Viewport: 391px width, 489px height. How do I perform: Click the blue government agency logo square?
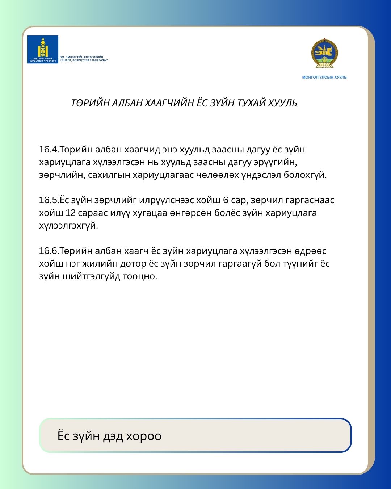coord(43,49)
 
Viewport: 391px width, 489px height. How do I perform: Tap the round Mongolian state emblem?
coord(324,54)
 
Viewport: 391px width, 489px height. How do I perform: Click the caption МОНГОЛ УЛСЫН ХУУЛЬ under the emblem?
coord(324,77)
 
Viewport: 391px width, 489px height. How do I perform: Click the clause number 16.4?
coord(49,150)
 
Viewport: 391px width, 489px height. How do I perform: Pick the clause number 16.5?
coord(49,200)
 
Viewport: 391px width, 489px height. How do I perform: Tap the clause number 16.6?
coord(49,251)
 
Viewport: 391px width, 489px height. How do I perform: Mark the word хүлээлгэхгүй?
coord(68,226)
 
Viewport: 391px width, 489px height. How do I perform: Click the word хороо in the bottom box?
coord(143,436)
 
